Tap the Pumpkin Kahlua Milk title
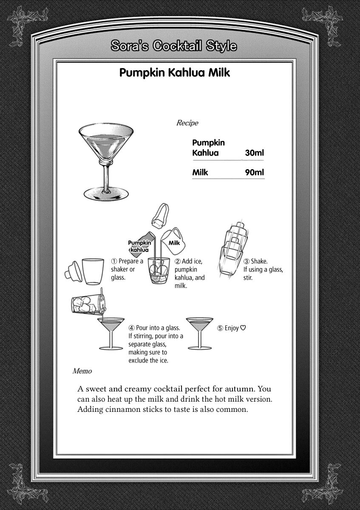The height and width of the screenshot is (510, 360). (175, 73)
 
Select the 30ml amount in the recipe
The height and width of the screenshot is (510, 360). (255, 153)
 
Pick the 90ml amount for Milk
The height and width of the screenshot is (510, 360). (255, 173)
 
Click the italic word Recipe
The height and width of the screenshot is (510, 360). (187, 123)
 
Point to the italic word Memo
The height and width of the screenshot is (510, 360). (82, 371)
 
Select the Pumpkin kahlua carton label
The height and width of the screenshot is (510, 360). (142, 246)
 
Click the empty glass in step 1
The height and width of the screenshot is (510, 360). (92, 271)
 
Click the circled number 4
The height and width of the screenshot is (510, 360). (131, 328)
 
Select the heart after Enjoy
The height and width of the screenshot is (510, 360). (243, 328)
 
